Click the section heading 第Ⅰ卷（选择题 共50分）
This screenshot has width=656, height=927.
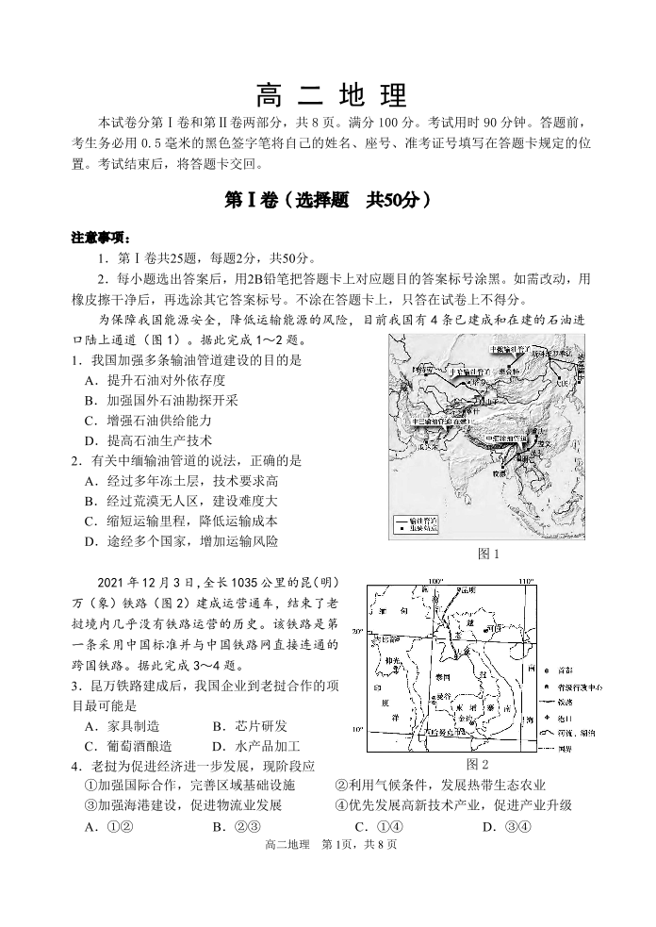(x=328, y=200)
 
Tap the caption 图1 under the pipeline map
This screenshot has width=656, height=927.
(x=488, y=554)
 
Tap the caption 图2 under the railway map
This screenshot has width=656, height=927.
(x=478, y=763)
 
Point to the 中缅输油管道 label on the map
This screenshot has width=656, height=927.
(x=506, y=439)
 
